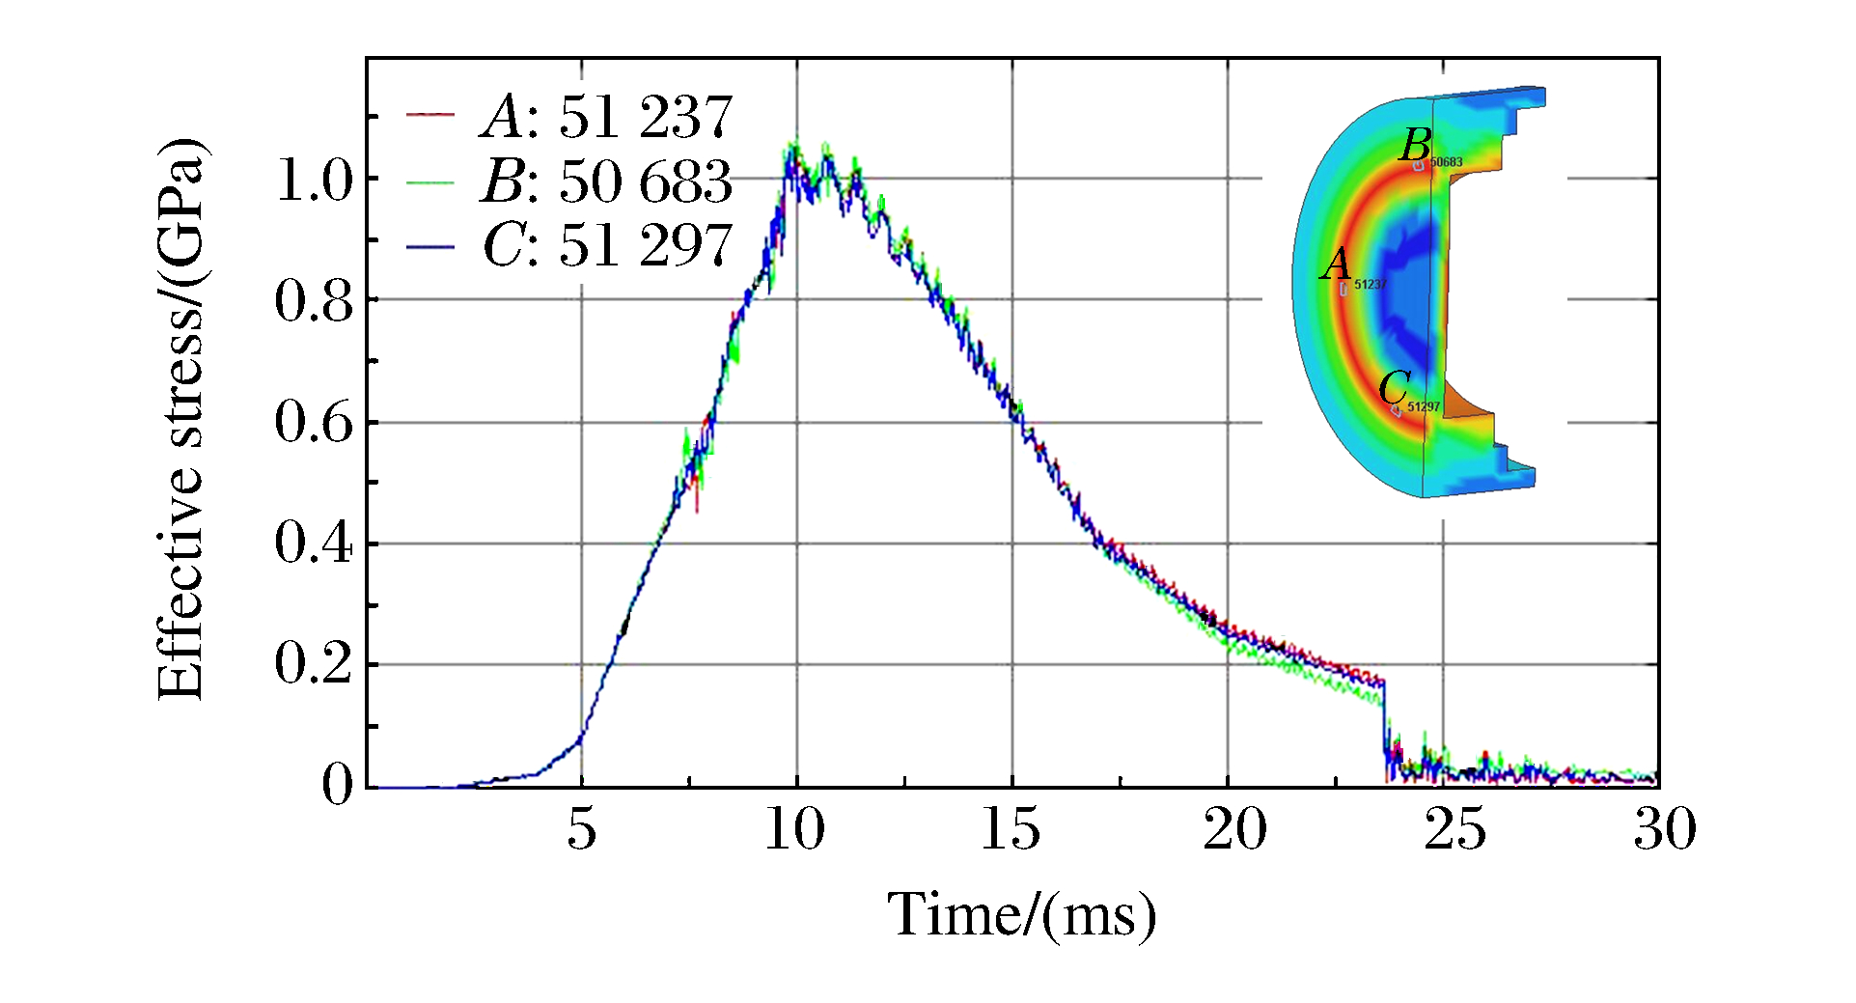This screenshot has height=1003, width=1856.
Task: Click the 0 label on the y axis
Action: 338,785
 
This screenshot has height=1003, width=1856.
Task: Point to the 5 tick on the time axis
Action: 581,828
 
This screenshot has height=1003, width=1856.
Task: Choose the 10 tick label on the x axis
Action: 795,828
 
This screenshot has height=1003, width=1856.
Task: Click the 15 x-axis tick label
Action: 1011,828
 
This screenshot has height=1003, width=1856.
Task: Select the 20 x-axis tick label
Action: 1234,828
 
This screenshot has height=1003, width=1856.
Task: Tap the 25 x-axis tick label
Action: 1454,828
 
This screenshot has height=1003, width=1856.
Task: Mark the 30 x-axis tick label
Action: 1665,828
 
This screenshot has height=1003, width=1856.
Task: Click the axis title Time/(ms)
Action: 1022,914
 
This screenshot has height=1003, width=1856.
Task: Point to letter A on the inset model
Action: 1336,264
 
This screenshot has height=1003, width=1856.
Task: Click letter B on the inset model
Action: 1416,145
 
